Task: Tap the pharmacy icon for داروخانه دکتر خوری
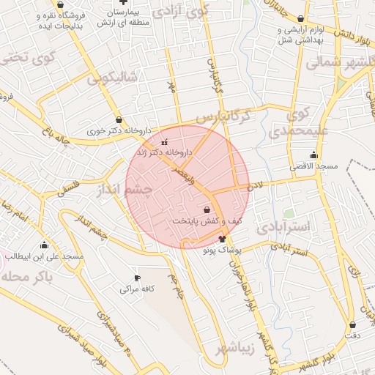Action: [119, 120]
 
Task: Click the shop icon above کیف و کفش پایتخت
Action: [196, 210]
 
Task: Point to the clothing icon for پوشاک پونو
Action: [223, 239]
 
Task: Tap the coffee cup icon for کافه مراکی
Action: [137, 278]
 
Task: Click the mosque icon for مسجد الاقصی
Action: [313, 155]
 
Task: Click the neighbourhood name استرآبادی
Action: [285, 227]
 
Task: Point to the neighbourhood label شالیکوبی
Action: [113, 78]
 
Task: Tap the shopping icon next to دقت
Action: [354, 324]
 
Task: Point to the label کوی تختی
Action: [22, 58]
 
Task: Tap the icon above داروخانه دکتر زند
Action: [163, 141]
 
